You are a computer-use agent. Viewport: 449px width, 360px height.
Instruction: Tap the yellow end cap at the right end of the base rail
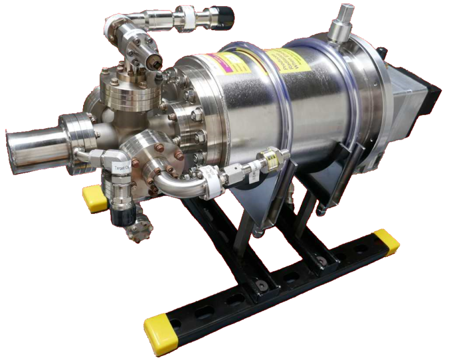tap(387, 240)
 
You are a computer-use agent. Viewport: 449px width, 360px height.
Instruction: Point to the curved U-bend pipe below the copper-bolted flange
tap(168, 185)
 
